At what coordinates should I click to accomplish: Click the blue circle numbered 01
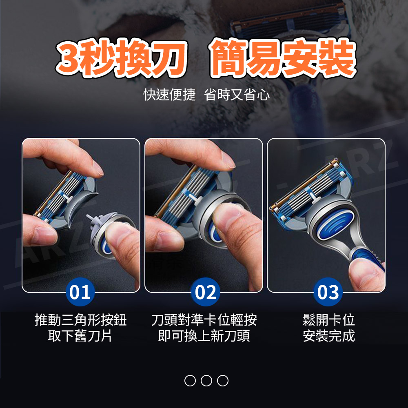(x=80, y=292)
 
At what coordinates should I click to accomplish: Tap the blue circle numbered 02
(x=206, y=292)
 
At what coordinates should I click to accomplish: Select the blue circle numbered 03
(x=328, y=292)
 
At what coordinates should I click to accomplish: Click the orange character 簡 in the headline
(x=229, y=58)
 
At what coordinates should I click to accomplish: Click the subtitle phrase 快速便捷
(x=169, y=95)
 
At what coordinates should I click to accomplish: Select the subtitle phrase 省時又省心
(x=237, y=95)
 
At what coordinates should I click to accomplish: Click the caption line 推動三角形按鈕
(x=80, y=320)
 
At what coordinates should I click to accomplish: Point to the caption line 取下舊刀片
(x=80, y=336)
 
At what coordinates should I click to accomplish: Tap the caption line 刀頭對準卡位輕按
(x=204, y=320)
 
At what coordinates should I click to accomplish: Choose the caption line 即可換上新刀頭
(x=204, y=336)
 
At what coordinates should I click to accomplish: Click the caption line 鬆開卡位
(x=328, y=320)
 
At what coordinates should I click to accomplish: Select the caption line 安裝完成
(x=328, y=336)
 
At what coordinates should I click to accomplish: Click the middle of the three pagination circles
(x=206, y=380)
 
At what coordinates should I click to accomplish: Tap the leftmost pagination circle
(x=190, y=380)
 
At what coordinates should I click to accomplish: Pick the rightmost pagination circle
(x=223, y=380)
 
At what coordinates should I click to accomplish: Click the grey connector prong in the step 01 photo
(x=91, y=222)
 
